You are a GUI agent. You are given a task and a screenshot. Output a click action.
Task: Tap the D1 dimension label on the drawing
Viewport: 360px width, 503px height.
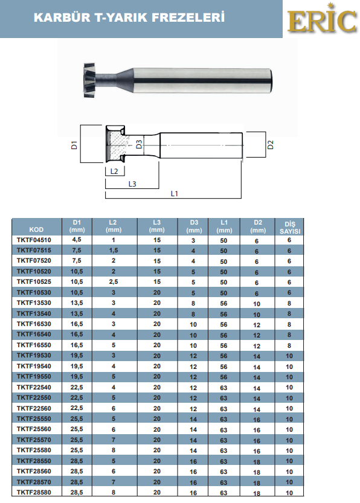coord(74,145)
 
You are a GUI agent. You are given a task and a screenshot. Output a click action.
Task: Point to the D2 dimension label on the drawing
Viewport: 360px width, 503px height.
coord(271,145)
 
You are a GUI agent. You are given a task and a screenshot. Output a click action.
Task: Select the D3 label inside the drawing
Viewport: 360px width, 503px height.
coord(139,144)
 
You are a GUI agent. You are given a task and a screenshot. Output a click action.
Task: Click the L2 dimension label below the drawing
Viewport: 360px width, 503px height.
coord(114,171)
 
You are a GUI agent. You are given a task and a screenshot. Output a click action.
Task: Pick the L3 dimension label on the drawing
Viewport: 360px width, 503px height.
coord(132,184)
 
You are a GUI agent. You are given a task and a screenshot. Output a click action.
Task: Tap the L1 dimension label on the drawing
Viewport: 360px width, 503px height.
coord(174,193)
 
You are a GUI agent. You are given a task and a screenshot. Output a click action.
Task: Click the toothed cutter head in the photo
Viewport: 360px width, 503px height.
coord(89,80)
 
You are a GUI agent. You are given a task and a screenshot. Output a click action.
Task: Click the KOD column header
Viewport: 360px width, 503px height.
coord(36,229)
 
